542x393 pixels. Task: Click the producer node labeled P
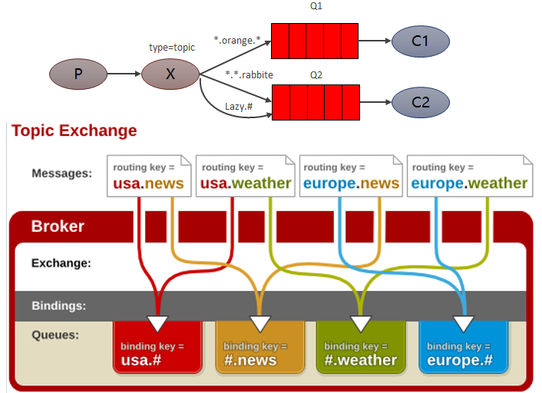[78, 74]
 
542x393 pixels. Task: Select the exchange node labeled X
[170, 74]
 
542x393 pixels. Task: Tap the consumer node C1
[419, 41]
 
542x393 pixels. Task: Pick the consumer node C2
[419, 101]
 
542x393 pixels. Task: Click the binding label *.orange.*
[237, 40]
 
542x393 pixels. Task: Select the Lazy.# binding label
[238, 107]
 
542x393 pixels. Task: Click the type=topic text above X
[172, 48]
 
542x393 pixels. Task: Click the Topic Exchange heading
[74, 130]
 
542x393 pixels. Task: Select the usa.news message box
[148, 176]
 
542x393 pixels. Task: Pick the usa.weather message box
[245, 176]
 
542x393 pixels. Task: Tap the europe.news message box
[351, 176]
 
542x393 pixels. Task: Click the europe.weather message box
[469, 176]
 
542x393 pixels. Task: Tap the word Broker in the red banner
[58, 226]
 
